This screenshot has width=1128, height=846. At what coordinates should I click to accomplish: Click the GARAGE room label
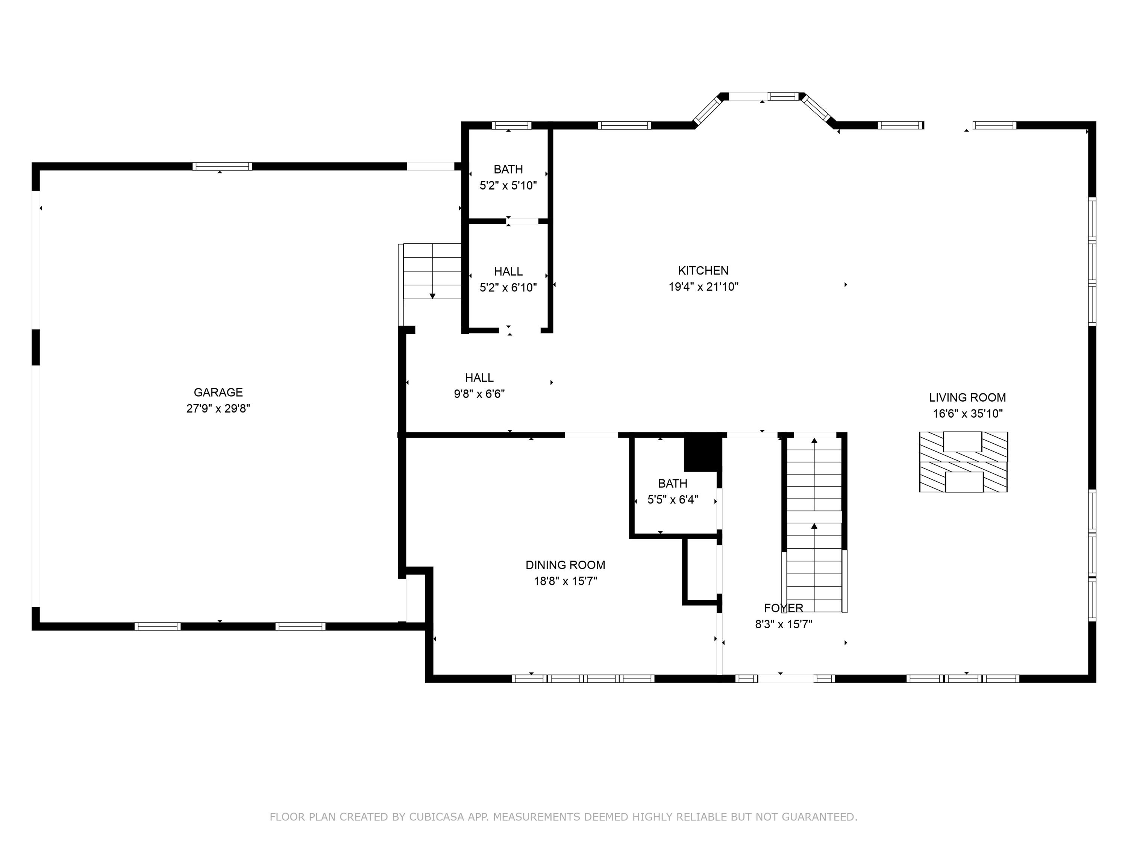218,392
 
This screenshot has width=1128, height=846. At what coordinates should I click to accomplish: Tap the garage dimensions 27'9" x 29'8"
218,408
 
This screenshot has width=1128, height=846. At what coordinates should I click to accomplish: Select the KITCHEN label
703,270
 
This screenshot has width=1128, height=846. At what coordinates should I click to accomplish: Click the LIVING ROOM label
967,397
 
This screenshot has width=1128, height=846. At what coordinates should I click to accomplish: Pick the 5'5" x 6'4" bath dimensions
672,499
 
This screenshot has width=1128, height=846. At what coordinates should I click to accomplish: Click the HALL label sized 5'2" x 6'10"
508,271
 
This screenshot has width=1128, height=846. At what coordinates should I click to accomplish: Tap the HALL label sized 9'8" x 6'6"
479,378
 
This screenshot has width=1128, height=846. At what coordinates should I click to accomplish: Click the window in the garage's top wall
222,166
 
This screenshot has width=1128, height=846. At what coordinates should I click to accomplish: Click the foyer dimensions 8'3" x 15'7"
783,624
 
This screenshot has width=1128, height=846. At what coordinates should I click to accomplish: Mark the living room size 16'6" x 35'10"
967,414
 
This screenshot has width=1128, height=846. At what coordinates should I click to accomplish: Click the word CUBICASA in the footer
436,816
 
